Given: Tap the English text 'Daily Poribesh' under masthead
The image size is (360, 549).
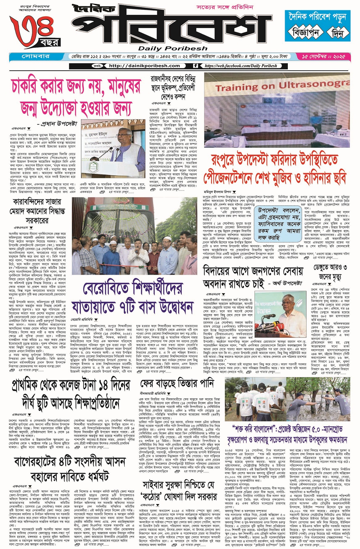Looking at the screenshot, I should (x=172, y=48).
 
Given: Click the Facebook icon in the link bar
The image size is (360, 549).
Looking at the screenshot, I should (x=196, y=66).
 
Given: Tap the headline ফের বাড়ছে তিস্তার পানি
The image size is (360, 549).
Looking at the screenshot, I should (x=177, y=384).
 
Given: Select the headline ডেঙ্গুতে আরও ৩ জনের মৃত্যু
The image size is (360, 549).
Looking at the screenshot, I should (x=330, y=272).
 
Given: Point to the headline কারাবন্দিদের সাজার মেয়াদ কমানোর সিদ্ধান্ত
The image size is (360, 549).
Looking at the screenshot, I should (x=37, y=211).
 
